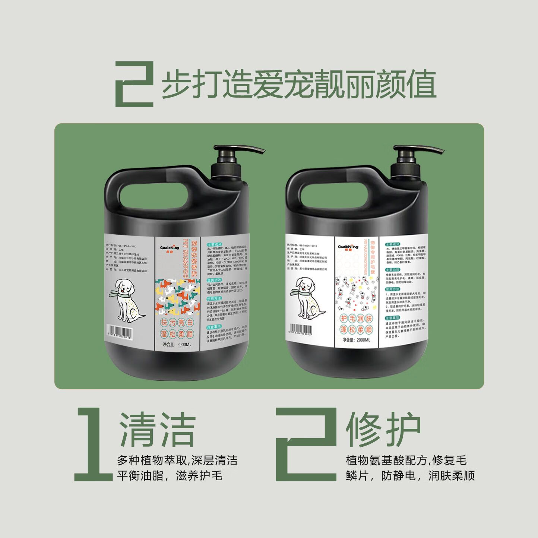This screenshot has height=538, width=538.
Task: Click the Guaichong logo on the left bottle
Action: pos(170,248)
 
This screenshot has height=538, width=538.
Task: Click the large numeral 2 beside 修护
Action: pos(306,443)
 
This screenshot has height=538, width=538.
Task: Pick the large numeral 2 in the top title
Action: pos(134,84)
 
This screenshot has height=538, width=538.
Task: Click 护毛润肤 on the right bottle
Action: pos(356,319)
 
